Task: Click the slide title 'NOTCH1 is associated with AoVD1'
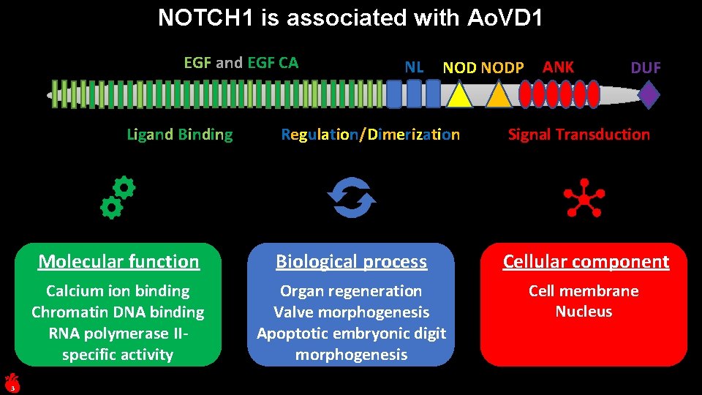click(350, 18)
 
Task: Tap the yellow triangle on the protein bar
click(458, 97)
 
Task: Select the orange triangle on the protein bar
click(498, 97)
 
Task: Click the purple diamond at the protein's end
click(648, 95)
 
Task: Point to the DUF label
click(645, 68)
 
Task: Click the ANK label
click(558, 67)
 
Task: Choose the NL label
click(414, 67)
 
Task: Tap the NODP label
click(502, 68)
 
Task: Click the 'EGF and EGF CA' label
click(241, 63)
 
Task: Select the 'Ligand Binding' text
click(180, 135)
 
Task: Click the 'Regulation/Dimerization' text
click(371, 135)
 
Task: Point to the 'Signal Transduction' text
click(578, 135)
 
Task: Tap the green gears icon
click(118, 197)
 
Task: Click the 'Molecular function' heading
click(118, 262)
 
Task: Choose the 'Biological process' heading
click(351, 262)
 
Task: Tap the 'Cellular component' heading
click(585, 262)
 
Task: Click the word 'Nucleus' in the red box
click(584, 312)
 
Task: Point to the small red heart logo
click(11, 381)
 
